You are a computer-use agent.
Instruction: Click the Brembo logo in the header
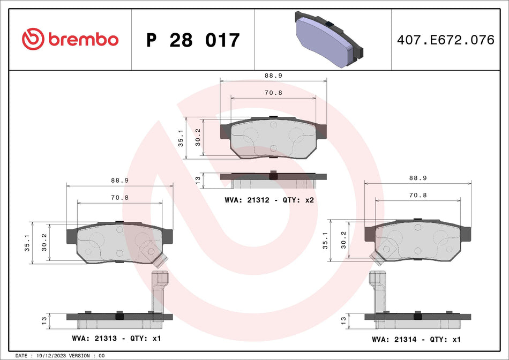click(70, 39)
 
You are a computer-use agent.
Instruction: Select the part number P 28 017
click(193, 40)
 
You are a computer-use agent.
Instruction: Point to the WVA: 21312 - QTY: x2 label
click(268, 199)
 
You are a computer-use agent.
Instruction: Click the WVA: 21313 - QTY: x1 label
click(116, 339)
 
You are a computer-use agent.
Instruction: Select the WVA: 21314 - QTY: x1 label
click(416, 339)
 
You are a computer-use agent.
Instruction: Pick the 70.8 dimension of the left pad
click(119, 198)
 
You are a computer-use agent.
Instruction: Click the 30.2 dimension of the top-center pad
click(198, 138)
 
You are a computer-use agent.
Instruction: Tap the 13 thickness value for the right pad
click(343, 321)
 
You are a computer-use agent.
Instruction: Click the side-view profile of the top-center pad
click(273, 179)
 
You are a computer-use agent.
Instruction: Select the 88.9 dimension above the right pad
click(417, 178)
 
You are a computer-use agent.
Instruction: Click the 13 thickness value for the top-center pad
click(198, 180)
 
